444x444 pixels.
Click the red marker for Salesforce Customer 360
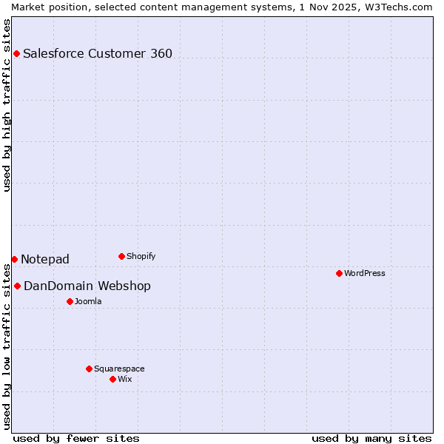coord(16,53)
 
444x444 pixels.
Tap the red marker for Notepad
coord(14,259)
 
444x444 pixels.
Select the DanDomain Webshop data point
coord(17,286)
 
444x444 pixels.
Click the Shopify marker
coord(121,256)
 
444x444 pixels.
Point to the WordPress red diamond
coord(339,273)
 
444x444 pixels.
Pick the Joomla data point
coord(70,301)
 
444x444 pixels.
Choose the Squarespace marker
coord(89,369)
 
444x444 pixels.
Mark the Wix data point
coord(112,379)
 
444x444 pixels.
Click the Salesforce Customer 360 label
coord(98,53)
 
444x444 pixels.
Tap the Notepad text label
coord(45,259)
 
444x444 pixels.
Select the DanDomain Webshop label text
coord(87,286)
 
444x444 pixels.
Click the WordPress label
coord(365,273)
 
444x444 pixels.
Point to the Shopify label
coord(141,256)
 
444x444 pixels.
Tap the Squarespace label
coord(119,369)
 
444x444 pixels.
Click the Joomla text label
coord(88,301)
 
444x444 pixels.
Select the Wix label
coord(125,379)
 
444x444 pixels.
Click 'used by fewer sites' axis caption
coord(76,438)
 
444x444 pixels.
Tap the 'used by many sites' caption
coord(371,438)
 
